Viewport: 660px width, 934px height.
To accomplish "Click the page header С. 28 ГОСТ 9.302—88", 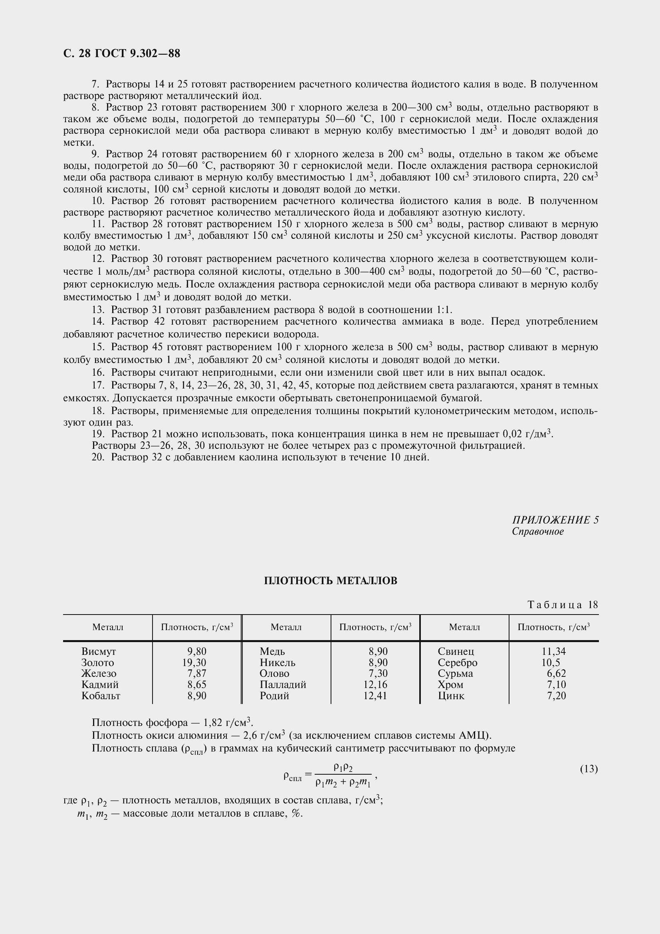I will pyautogui.click(x=122, y=53).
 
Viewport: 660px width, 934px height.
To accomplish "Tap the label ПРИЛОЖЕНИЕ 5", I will pyautogui.click(x=555, y=520).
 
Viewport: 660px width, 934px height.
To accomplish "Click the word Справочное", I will pyautogui.click(x=537, y=531).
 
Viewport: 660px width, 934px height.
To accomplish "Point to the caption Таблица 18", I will pyautogui.click(x=563, y=605).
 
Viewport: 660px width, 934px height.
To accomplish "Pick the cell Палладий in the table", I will pyautogui.click(x=283, y=685).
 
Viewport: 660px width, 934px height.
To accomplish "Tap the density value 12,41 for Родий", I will pyautogui.click(x=375, y=696).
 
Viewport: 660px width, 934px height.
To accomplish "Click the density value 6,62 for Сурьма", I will pyautogui.click(x=556, y=674).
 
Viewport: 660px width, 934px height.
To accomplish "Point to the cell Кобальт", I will pyautogui.click(x=101, y=696).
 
